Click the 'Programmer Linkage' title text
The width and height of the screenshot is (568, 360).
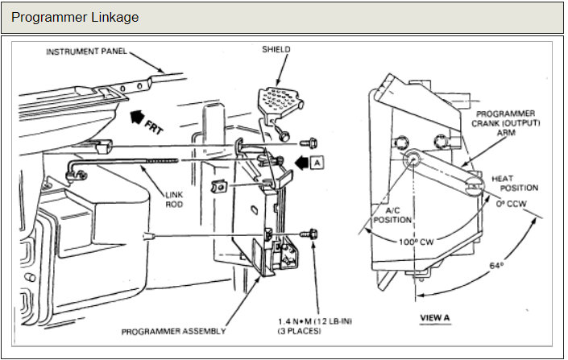tap(75, 17)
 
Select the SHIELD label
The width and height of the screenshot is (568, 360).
tap(276, 49)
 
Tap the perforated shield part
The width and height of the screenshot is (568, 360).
tap(279, 101)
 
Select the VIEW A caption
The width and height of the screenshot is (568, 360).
tap(436, 317)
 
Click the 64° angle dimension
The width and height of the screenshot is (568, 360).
tap(497, 265)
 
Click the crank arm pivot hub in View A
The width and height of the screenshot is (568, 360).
tap(412, 159)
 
